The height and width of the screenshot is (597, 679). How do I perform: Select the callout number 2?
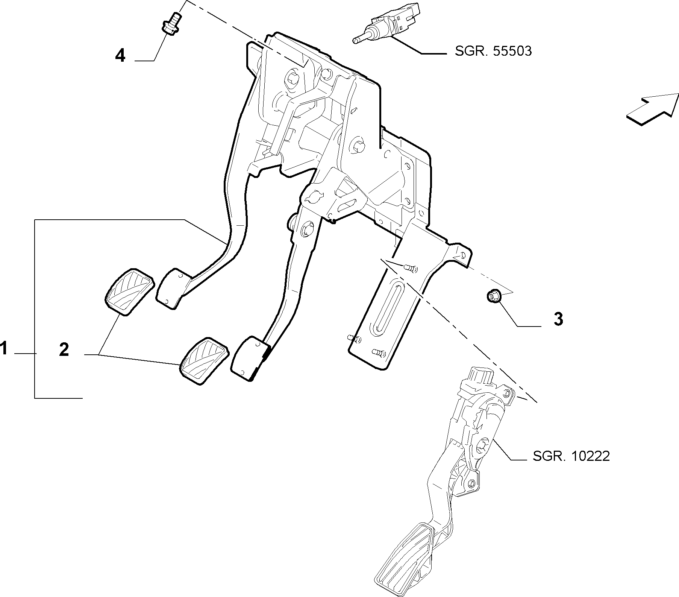(x=64, y=350)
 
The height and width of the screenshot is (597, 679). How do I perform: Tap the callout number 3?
(x=558, y=319)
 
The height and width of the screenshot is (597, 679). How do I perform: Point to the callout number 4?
(x=120, y=56)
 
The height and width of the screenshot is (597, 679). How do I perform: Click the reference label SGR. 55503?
(x=493, y=51)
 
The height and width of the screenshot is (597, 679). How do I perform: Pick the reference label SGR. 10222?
(x=571, y=456)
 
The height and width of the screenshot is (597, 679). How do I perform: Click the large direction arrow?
(x=652, y=109)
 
